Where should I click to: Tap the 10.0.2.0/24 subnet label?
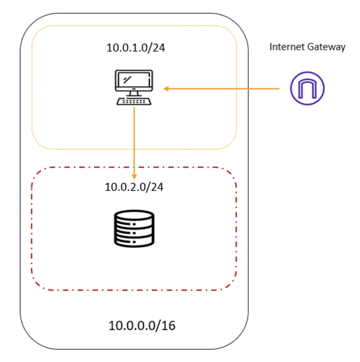(133, 187)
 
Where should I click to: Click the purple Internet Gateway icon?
(307, 88)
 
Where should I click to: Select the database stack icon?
(134, 228)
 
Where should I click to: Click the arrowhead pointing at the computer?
(166, 88)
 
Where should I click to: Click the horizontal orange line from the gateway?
(223, 88)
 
